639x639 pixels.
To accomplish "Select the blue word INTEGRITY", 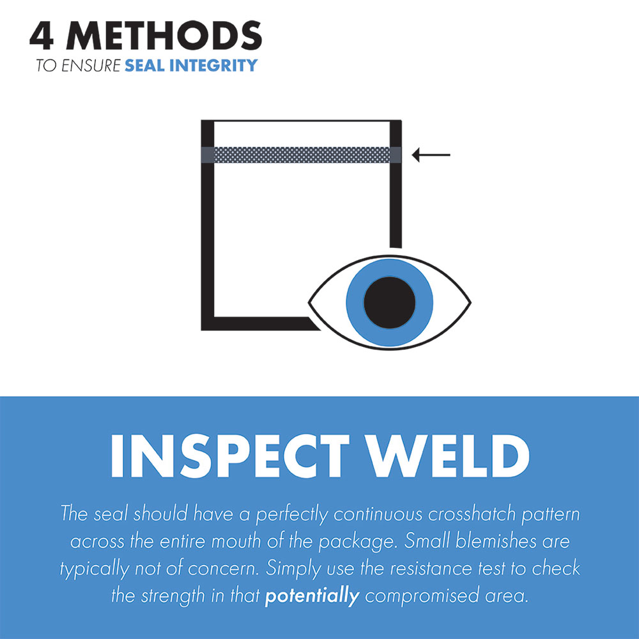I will [x=217, y=65].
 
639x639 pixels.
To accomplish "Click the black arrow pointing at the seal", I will [x=431, y=155].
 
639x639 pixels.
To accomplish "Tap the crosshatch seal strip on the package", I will [x=301, y=155].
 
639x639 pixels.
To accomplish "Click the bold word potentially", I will [x=312, y=597].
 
